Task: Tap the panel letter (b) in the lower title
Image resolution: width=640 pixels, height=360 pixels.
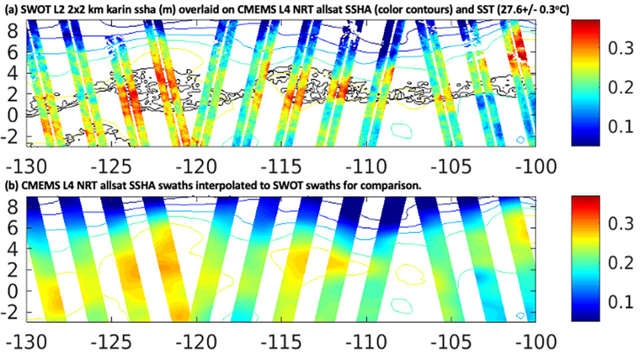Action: coord(13,187)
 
